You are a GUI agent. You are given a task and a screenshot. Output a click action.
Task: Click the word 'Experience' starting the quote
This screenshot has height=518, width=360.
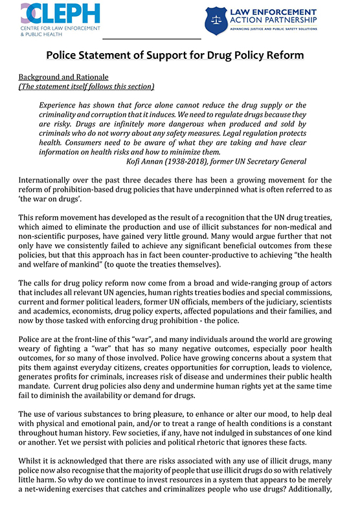click(x=62, y=105)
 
